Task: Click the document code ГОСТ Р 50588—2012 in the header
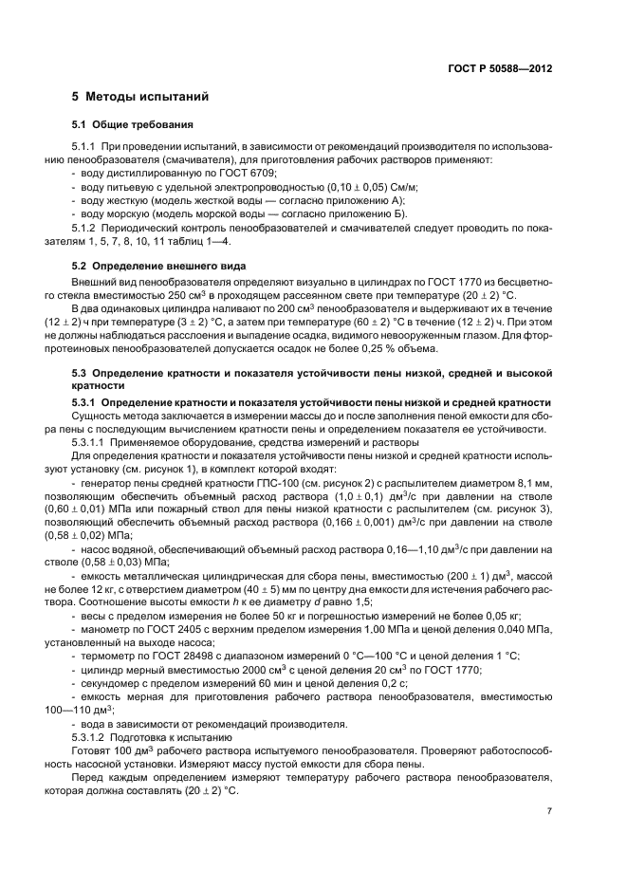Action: (x=499, y=69)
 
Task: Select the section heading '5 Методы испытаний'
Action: (x=140, y=98)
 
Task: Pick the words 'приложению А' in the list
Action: (x=371, y=201)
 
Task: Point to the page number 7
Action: (x=549, y=810)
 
